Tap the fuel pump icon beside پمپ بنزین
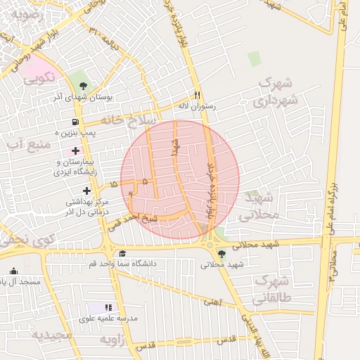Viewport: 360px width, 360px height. [75, 121]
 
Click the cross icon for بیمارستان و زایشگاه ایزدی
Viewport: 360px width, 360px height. [76, 151]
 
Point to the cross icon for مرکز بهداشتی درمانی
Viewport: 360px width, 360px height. [86, 191]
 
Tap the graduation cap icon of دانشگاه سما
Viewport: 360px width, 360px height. [123, 254]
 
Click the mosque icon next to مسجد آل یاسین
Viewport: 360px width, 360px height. [13, 271]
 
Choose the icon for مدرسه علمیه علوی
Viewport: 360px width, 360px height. [108, 307]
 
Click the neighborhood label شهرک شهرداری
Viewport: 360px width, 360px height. [271, 93]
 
